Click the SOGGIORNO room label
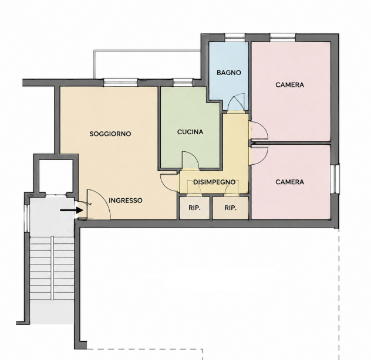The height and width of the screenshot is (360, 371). coord(110,134)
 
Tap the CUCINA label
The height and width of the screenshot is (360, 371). coord(190,132)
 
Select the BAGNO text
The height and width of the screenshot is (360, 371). coord(229,73)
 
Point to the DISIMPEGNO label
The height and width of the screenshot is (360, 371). coord(214,182)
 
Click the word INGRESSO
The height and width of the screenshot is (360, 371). coord(126,201)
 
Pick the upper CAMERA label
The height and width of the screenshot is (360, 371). coord(289,84)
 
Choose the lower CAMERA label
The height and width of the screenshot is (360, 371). coord(289,182)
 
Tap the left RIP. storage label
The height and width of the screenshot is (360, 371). coord(194,208)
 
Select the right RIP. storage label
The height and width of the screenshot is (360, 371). coord(231,208)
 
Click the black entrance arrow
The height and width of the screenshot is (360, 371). coord(72,210)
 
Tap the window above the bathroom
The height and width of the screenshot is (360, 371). coord(235,38)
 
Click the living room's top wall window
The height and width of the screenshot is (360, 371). coord(121,83)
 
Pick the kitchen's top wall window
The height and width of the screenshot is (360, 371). coord(183,83)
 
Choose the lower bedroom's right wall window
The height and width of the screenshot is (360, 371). coord(335,178)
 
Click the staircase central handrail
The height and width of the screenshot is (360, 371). coord(52,268)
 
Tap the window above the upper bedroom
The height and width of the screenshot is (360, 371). coord(283,38)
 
